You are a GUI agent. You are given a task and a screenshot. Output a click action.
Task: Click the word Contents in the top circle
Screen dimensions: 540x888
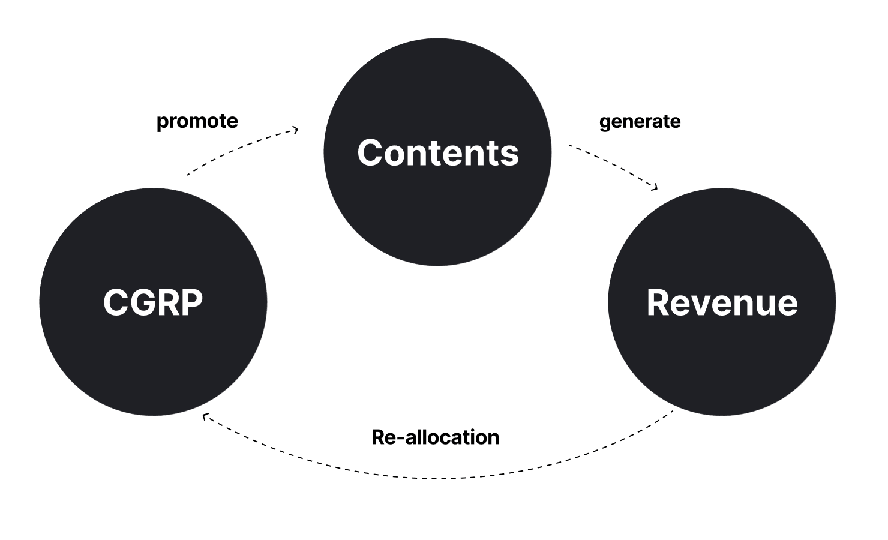point(438,153)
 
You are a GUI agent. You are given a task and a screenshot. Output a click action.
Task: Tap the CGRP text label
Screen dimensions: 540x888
point(153,302)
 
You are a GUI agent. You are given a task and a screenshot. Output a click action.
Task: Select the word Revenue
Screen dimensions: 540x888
point(722,303)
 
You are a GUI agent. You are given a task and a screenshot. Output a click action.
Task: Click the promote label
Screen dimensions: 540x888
point(197,121)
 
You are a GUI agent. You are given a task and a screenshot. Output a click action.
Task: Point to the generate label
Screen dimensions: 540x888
point(640,122)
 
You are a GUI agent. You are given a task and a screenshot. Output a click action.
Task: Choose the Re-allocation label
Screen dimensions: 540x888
point(435,437)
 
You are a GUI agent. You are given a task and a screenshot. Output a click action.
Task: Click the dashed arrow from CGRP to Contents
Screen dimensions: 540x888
point(240,148)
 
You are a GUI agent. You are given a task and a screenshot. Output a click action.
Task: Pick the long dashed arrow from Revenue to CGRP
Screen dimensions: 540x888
point(438,478)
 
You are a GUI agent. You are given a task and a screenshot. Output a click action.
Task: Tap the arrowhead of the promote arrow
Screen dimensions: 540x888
point(295,130)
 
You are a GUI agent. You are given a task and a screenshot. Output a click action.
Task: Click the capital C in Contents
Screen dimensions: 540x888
point(371,153)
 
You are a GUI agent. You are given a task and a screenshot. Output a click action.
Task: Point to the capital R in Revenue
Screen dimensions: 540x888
point(659,303)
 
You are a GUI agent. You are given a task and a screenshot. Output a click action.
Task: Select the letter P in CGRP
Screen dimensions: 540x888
point(191,302)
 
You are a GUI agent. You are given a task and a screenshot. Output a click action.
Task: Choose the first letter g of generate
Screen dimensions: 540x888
point(605,124)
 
